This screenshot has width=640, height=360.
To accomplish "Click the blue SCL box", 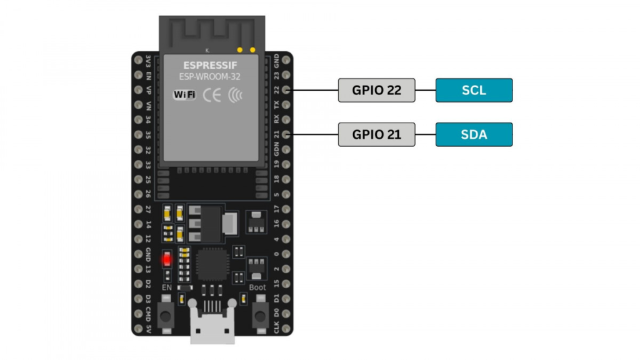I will tap(474, 90).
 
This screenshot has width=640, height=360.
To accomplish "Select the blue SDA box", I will tap(474, 134).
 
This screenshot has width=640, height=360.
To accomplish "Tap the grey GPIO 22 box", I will tap(376, 90).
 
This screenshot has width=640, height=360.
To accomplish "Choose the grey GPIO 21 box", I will tap(376, 134).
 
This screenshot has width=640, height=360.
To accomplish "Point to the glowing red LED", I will tap(167, 259).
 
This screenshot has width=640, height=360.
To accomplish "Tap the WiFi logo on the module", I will tap(184, 95).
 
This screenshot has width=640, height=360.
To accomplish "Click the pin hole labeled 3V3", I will tap(137, 60).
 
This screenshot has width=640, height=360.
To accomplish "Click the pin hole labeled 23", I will tap(286, 75).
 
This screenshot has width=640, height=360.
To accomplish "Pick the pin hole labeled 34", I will tap(137, 119).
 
